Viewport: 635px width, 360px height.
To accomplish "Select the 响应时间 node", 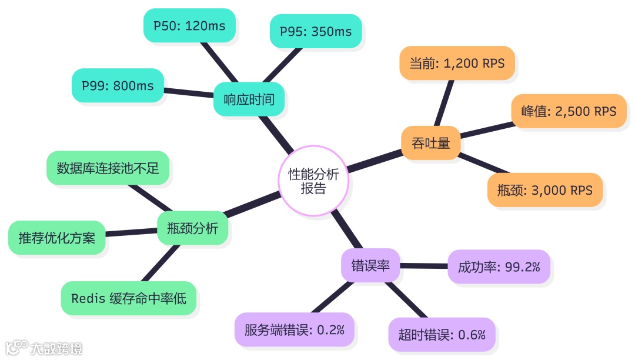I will (x=249, y=99).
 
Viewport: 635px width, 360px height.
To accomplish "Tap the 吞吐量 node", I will (x=431, y=143).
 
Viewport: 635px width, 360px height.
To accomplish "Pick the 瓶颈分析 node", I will (x=192, y=228).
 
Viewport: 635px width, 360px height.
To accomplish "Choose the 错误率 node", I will (x=370, y=265).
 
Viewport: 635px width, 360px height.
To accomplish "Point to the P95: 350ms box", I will (x=316, y=31).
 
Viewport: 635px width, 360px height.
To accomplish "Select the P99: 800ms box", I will (x=118, y=86).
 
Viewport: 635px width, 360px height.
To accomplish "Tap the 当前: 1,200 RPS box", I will (x=457, y=63).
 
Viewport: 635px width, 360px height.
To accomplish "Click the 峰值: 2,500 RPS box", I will (x=569, y=111).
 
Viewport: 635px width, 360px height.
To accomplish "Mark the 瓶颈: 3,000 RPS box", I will (x=545, y=190).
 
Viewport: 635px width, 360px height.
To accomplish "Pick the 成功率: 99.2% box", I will (x=499, y=267).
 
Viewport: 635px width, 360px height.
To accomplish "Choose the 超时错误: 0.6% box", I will (x=442, y=335).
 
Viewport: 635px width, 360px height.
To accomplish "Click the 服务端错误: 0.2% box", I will (x=295, y=329).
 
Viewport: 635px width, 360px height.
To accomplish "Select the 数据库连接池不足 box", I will (x=108, y=168).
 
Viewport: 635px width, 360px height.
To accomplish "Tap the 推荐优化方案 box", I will (x=57, y=238).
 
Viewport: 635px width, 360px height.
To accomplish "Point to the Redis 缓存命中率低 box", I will (x=129, y=298).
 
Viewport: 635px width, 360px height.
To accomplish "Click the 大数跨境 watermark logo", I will (x=44, y=348).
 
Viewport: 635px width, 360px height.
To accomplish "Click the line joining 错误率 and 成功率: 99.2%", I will (x=424, y=266).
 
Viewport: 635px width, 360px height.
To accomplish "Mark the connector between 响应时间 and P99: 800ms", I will (x=188, y=92).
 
